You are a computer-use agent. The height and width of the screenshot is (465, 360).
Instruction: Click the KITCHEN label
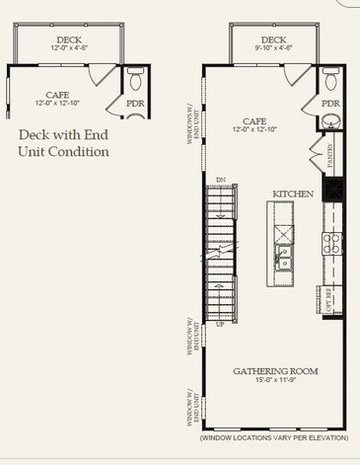coord(294,194)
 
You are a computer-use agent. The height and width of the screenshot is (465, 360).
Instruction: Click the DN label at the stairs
coord(221,180)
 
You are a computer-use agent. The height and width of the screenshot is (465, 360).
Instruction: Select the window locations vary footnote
coord(273,436)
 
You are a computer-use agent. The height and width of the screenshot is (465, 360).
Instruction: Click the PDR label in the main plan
coord(330,102)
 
